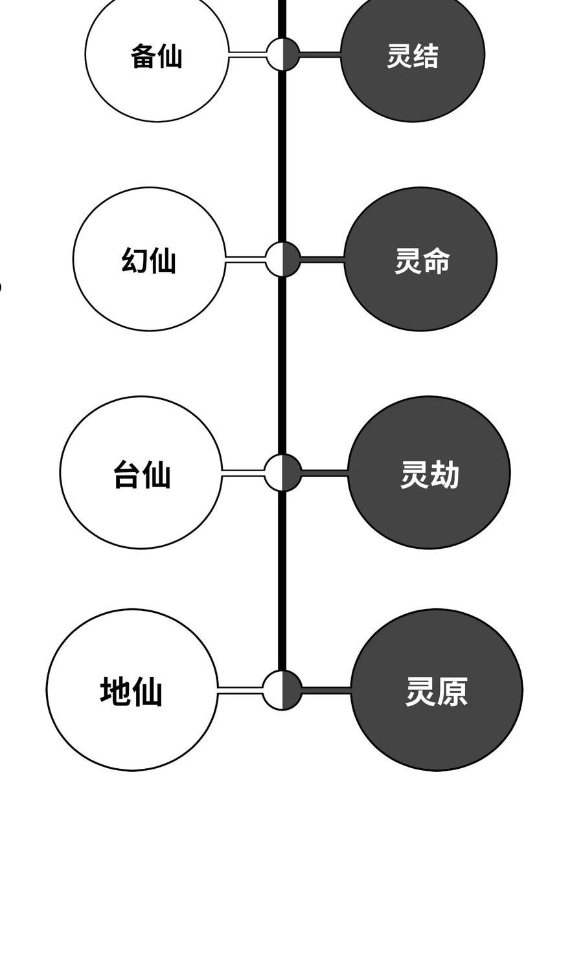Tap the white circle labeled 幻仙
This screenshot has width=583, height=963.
point(149,259)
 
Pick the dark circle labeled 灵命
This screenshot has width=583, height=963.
point(420,259)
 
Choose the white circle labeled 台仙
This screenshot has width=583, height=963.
point(141,472)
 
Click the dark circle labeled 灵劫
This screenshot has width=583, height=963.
point(429,472)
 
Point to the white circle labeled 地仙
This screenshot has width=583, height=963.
point(132,690)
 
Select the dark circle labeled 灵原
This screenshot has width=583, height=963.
point(437,690)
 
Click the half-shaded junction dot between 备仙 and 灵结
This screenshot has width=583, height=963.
point(283,54)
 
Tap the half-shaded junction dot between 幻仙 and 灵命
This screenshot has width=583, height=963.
point(283,259)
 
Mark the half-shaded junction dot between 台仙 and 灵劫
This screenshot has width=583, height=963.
point(283,472)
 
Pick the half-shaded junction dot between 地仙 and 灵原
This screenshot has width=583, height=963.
point(283,690)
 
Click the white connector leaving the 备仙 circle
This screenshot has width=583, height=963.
point(247,54)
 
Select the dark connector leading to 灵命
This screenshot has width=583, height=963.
point(322,260)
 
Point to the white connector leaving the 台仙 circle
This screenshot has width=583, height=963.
point(243,473)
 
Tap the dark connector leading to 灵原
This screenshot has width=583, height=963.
point(326,691)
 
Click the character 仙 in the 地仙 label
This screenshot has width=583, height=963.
point(148,691)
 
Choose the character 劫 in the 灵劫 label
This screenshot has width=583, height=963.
point(444,475)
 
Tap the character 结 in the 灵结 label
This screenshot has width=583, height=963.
point(426,56)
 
